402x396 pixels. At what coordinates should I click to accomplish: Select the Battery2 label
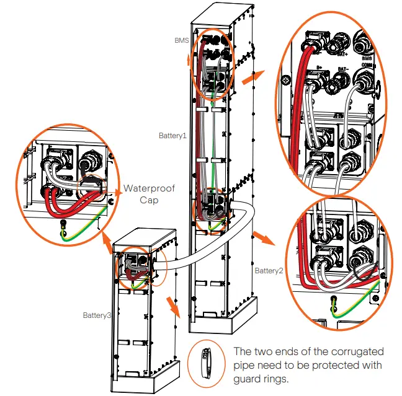269,271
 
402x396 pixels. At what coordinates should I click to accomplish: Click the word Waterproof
150,188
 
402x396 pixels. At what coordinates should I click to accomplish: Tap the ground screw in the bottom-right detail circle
334,301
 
